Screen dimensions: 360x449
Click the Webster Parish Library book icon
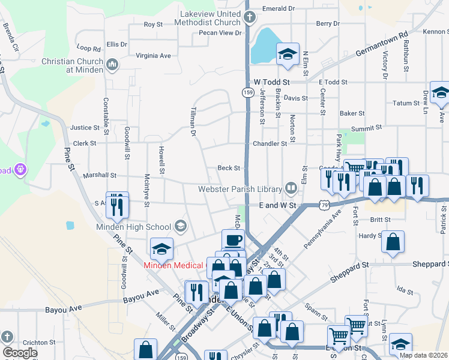click(x=291, y=189)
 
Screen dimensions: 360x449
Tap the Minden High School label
click(x=133, y=227)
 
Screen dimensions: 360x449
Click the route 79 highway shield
click(x=324, y=205)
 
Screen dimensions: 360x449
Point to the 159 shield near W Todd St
click(x=247, y=92)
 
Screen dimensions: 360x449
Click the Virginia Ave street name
click(x=154, y=55)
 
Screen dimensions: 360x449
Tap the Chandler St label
click(x=270, y=144)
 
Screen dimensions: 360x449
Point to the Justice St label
click(x=85, y=128)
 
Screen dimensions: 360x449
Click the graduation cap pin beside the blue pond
click(x=288, y=53)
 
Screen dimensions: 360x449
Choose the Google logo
click(x=20, y=353)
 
